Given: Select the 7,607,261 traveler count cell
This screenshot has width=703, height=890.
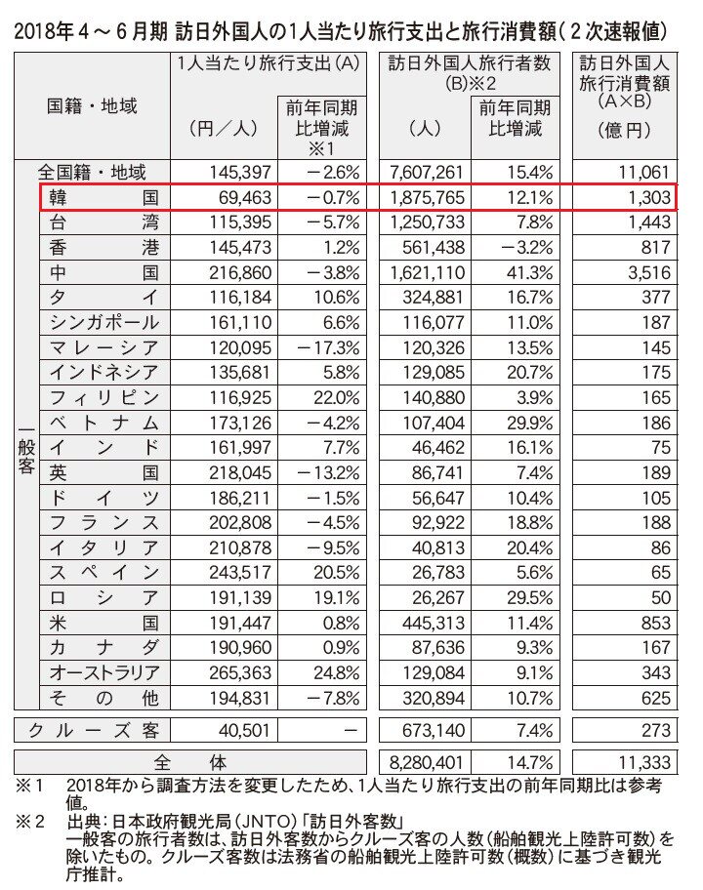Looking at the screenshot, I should coord(424,172).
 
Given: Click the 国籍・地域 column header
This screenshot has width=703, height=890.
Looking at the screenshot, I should coord(93,105).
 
